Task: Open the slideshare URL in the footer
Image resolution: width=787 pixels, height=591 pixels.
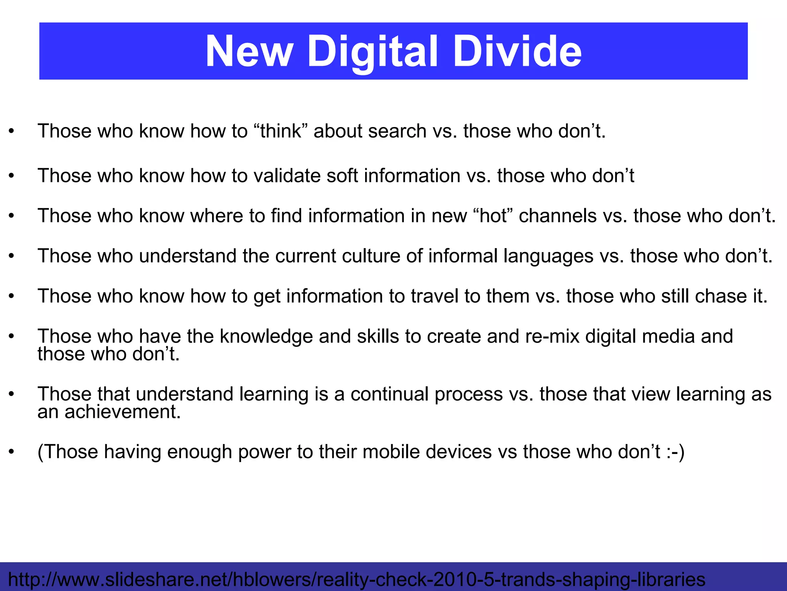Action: tap(357, 579)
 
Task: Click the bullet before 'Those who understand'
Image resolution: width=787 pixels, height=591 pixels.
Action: tap(12, 256)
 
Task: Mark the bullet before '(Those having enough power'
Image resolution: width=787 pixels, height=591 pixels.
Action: tap(12, 452)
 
